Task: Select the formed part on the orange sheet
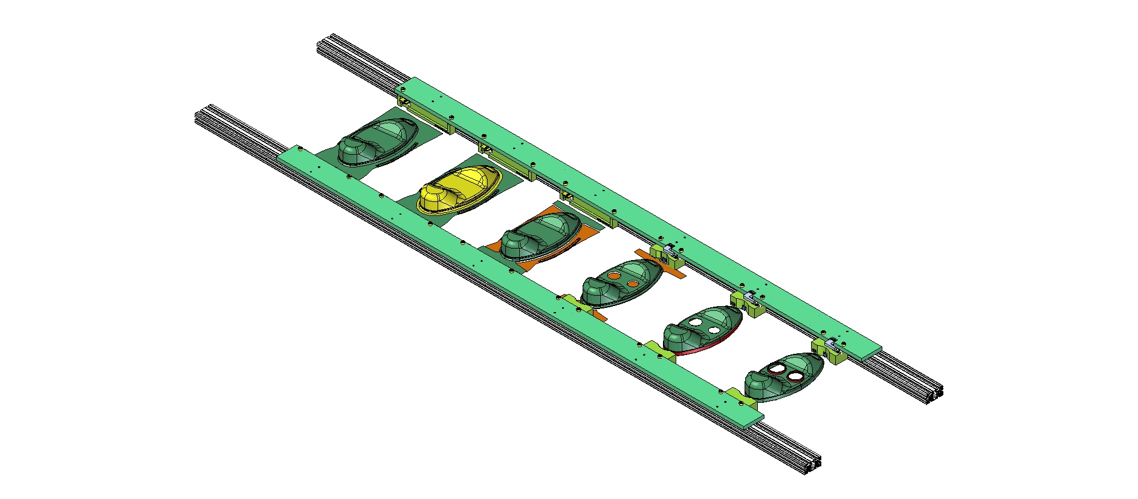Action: tap(541, 236)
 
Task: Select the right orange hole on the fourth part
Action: tap(633, 283)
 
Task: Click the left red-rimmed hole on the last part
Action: tap(777, 367)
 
